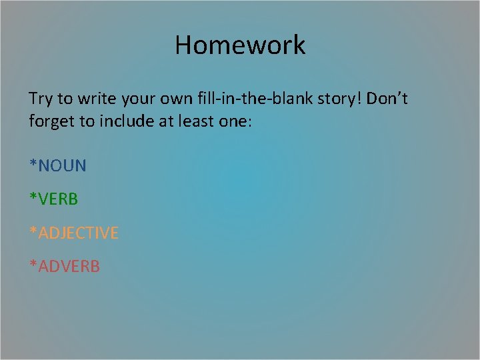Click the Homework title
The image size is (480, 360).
coord(240,45)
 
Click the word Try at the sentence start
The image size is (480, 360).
coord(41,100)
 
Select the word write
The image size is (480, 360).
coord(97,99)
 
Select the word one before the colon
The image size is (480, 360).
coord(233,123)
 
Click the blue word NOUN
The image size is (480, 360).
coord(63,165)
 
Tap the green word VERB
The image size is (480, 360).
coord(59,199)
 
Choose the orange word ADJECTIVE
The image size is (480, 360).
coord(79,233)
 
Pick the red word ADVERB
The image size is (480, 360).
coord(69,267)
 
